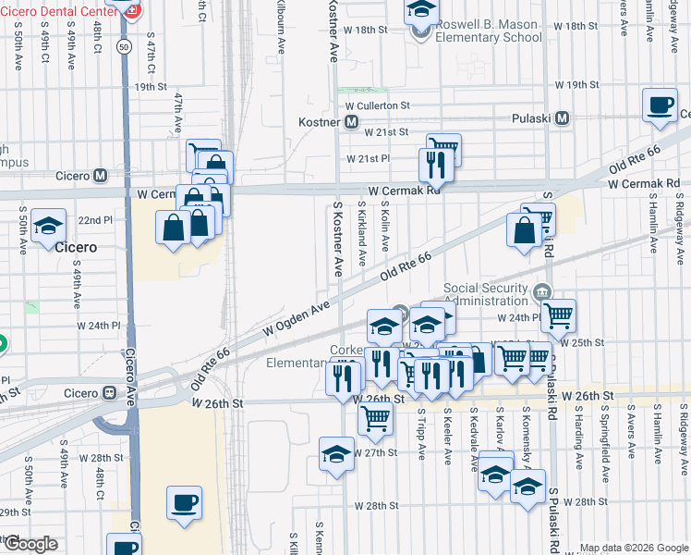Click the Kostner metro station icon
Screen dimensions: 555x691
[351, 122]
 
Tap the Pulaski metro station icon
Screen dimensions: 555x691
[562, 118]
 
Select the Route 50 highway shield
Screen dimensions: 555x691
[124, 45]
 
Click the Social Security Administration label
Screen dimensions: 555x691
[489, 293]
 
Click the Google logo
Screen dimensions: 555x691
[30, 543]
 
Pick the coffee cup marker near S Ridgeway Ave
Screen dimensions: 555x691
[659, 105]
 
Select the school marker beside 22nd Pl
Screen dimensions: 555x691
[47, 225]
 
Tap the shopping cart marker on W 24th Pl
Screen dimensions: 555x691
[558, 315]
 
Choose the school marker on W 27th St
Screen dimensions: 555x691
[336, 454]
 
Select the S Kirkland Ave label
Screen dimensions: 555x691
[362, 239]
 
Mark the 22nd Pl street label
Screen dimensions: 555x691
[94, 221]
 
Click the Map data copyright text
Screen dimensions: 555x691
[634, 547]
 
